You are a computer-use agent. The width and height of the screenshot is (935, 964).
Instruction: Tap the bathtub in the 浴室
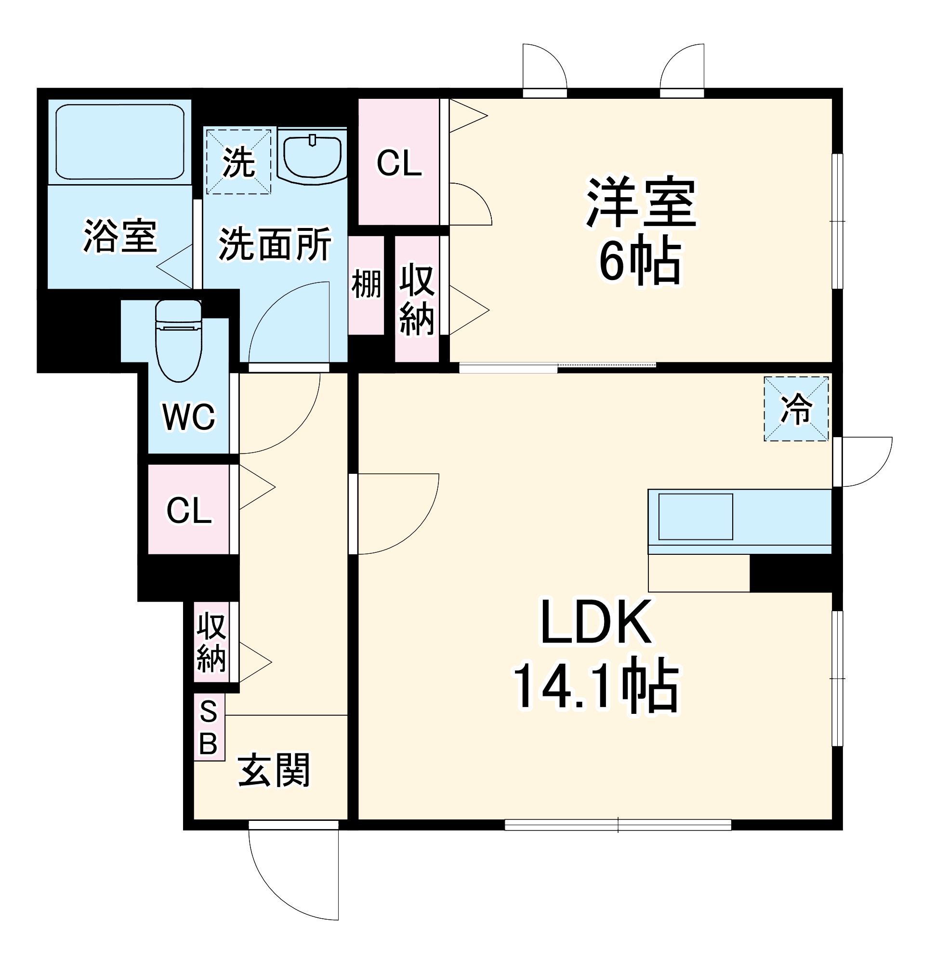[x=119, y=142]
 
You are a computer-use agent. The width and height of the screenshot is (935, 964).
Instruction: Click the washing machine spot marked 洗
[x=238, y=162]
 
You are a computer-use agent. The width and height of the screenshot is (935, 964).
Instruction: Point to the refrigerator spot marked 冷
[x=796, y=409]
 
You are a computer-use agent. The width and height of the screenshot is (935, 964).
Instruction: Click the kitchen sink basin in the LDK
[x=695, y=517]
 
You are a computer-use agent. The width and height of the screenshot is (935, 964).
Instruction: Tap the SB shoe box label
[x=209, y=727]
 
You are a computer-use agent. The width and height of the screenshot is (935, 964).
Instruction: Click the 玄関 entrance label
[x=274, y=771]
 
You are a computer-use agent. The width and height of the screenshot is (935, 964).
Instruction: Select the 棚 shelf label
[x=366, y=284]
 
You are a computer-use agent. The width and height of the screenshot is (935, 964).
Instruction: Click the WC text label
[x=189, y=417]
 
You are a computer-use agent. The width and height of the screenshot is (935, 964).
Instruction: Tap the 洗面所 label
[x=275, y=244]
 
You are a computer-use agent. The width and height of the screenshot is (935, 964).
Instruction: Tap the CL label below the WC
[x=189, y=510]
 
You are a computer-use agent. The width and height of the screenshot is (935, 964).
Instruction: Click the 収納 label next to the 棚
[x=417, y=299]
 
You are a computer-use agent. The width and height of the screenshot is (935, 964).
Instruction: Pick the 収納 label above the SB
[x=211, y=643]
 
